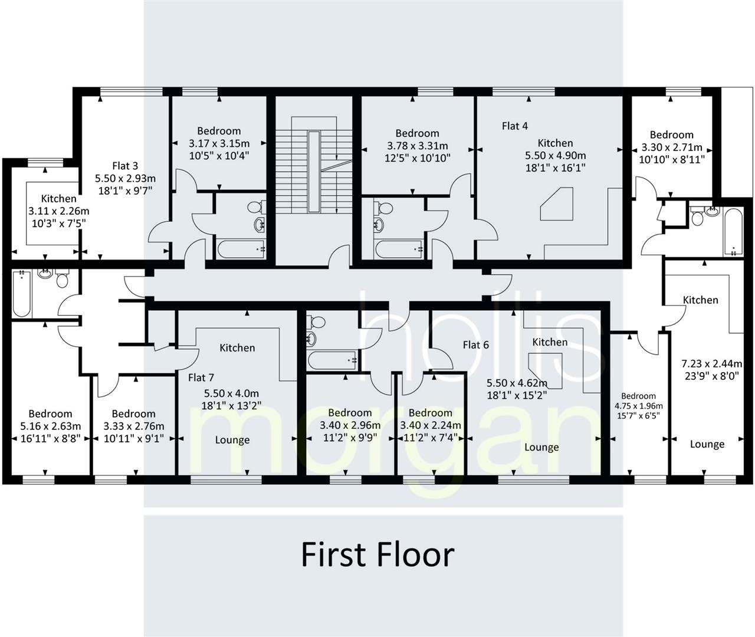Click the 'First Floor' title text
377,554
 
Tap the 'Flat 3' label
125,166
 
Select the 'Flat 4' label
514,126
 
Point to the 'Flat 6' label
475,344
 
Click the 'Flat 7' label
201,377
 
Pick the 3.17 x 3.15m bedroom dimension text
219,143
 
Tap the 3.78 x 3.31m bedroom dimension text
417,146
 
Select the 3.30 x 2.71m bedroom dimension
671,147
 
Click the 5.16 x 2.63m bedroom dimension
50,426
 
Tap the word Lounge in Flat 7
232,440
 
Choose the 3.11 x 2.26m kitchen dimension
58,211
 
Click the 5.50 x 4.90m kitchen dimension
555,156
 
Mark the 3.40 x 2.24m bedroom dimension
430,425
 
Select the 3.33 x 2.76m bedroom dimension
133,426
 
